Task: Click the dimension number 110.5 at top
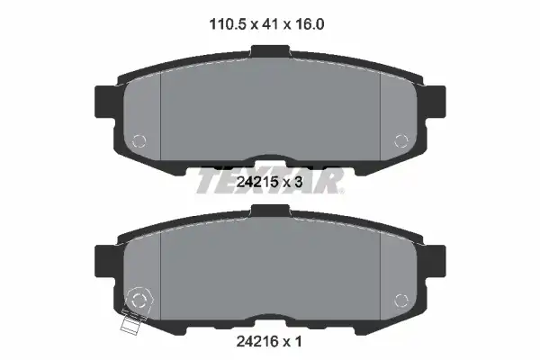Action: click(229, 24)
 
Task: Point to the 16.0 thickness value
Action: click(309, 24)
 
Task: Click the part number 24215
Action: click(257, 182)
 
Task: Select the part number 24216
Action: click(257, 341)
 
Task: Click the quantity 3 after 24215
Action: click(298, 182)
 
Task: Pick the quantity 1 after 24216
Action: click(298, 341)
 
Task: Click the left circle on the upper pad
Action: click(139, 140)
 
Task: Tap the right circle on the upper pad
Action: click(401, 140)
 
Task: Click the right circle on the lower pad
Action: click(401, 301)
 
